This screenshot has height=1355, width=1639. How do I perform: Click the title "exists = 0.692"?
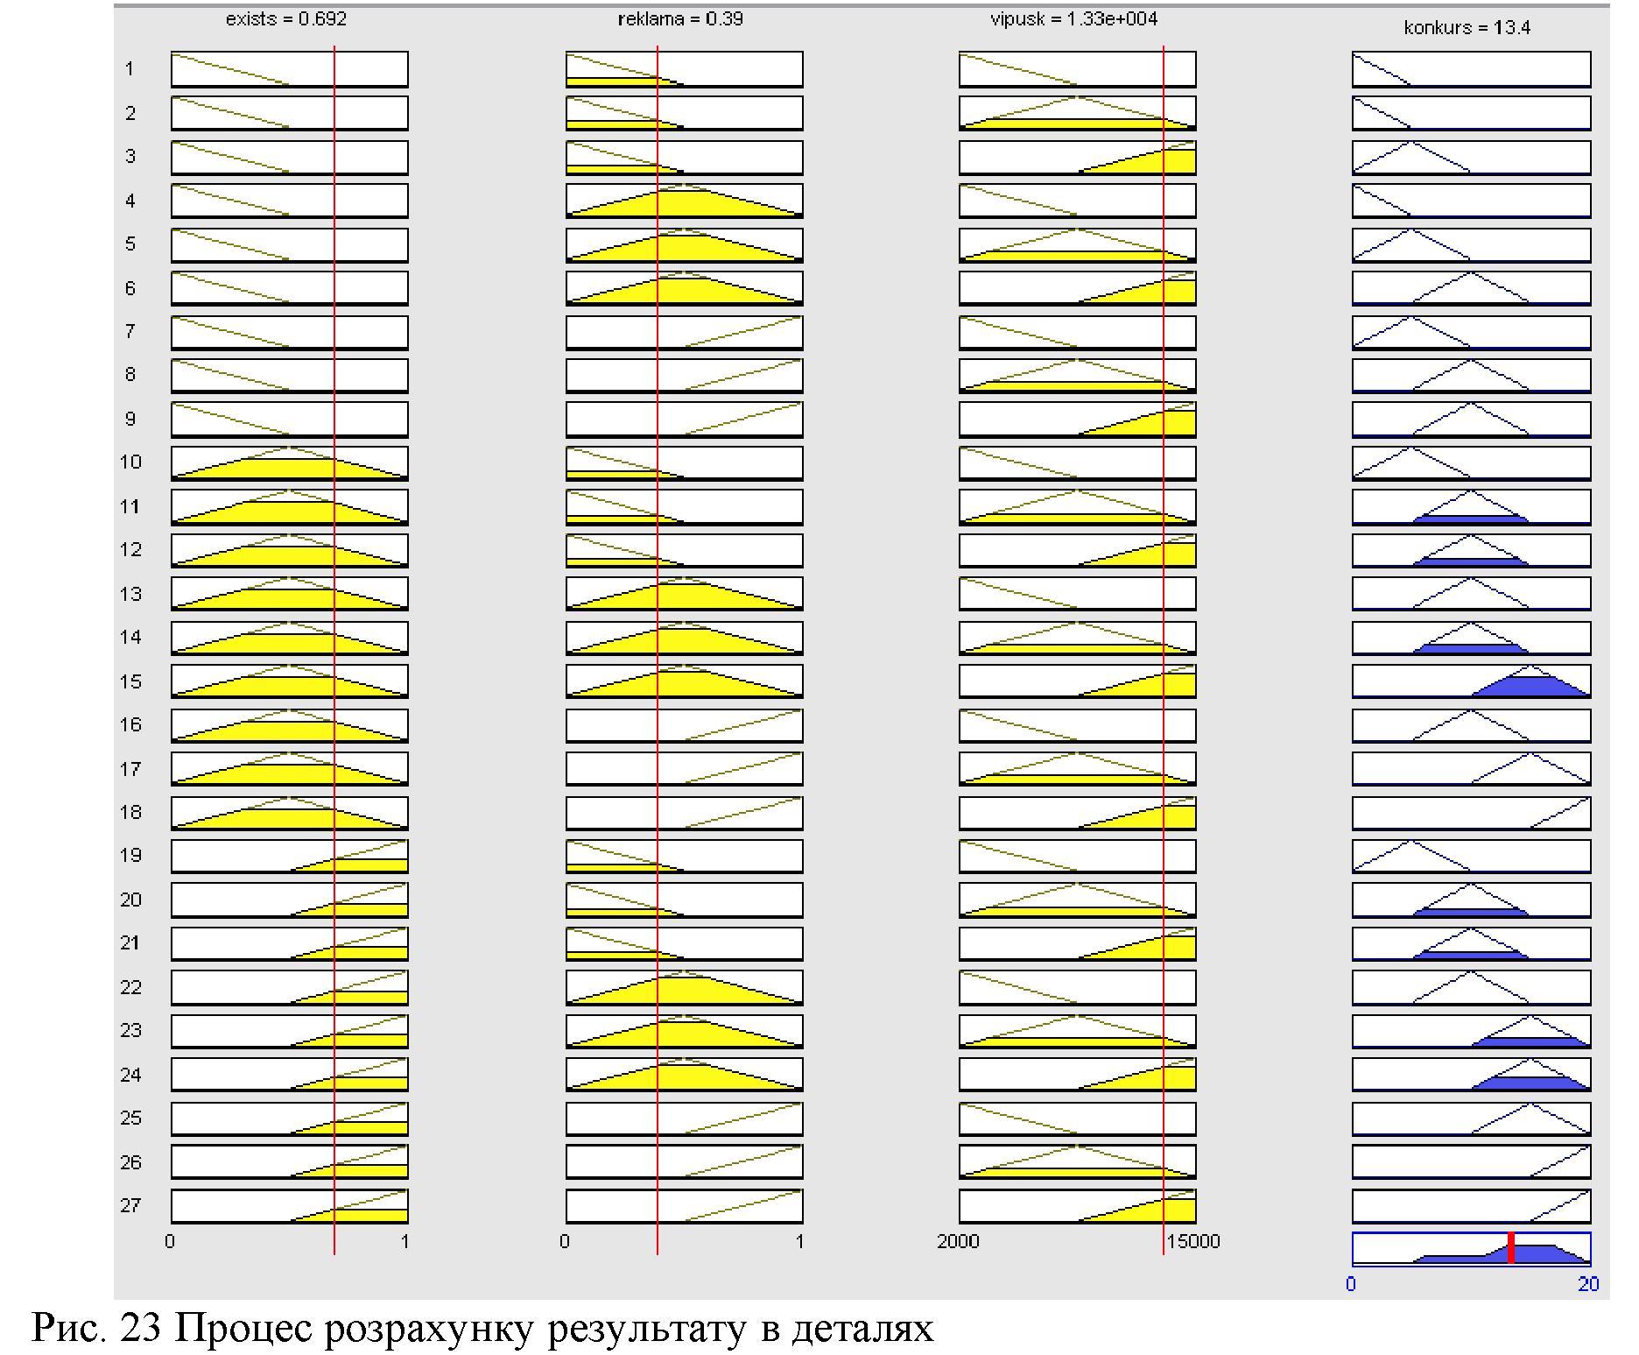point(285,19)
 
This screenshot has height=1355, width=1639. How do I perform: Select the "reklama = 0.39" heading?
point(680,19)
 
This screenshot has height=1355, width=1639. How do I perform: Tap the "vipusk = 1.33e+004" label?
point(1073,19)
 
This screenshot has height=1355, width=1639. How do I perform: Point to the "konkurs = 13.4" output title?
point(1467,28)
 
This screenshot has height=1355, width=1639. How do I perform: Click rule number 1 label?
point(130,69)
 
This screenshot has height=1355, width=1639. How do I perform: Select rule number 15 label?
point(130,681)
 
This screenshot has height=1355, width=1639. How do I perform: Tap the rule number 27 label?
point(130,1205)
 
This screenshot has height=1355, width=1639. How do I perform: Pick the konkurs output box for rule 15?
point(1471,681)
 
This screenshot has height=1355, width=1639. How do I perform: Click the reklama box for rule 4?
point(684,201)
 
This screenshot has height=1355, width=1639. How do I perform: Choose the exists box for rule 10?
point(289,462)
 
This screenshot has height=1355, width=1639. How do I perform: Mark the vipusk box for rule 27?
point(1077,1205)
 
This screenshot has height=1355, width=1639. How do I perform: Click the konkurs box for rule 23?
point(1471,1031)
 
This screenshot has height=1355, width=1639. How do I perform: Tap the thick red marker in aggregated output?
point(1511,1247)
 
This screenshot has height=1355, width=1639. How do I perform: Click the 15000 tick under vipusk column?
point(1192,1241)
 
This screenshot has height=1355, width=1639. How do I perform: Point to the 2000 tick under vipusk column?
point(958,1241)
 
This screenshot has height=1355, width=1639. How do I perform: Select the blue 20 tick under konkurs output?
point(1588,1284)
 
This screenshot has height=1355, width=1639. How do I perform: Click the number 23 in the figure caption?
point(141,1328)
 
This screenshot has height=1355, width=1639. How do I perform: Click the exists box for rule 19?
point(289,856)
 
